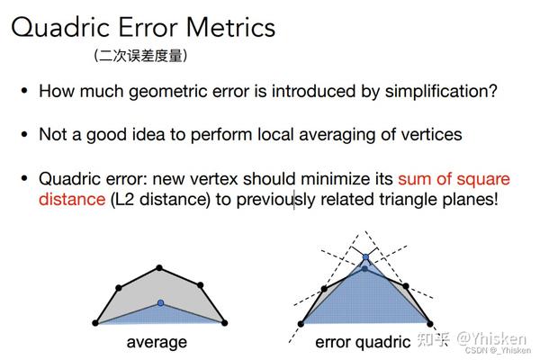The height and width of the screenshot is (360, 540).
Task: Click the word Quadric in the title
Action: [60, 28]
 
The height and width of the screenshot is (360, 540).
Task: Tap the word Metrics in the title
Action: [230, 27]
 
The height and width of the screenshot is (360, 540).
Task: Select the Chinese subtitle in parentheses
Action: [140, 56]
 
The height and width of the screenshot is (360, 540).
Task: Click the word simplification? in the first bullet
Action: [441, 92]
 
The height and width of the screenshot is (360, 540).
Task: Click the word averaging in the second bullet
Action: [337, 135]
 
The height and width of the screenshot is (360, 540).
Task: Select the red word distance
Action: [72, 199]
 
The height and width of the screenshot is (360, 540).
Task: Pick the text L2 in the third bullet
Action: [124, 200]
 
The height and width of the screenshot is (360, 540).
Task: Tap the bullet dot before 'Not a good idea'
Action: [24, 134]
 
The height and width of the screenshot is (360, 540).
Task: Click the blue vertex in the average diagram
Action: [160, 302]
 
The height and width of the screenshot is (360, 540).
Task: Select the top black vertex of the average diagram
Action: [158, 267]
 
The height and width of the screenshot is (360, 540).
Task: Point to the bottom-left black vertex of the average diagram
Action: [95, 323]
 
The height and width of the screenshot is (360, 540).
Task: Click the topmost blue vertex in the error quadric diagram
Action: [365, 257]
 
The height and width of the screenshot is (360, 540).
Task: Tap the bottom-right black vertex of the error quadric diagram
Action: [430, 323]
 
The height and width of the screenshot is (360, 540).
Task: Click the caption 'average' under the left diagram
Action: [157, 342]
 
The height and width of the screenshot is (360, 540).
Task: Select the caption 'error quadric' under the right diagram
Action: [363, 342]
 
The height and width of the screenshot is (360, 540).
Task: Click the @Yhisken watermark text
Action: [491, 339]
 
